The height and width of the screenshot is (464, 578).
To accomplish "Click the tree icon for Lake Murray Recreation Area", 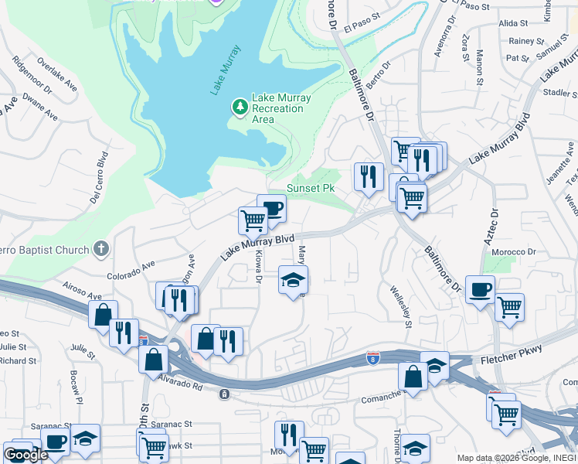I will tap(240, 106).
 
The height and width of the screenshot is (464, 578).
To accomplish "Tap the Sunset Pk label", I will tap(311, 188).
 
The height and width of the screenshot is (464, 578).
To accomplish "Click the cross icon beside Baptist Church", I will tap(100, 249).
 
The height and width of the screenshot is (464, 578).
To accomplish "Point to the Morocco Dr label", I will tap(515, 252).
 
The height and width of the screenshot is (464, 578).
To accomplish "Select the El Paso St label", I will tap(363, 24).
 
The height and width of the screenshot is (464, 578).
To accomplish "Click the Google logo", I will tap(25, 455).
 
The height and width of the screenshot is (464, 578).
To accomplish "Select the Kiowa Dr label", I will tap(260, 268).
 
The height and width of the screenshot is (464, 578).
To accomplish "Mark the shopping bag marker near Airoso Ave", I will tap(103, 315).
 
